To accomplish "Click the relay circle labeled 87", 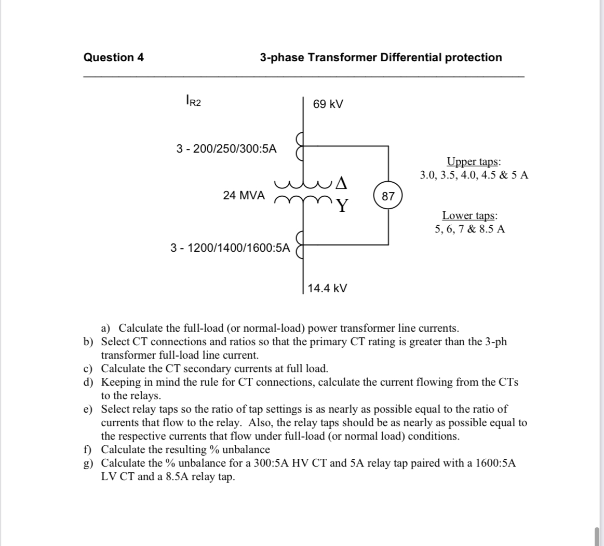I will (x=388, y=196).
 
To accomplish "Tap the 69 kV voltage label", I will (x=328, y=104).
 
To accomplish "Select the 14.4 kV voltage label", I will (x=327, y=288).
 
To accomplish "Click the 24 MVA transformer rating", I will (x=244, y=196).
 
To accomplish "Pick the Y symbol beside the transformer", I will (x=341, y=207).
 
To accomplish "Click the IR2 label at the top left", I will (x=193, y=101).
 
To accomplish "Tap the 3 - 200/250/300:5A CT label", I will (x=226, y=149).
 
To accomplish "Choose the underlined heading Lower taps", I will (x=469, y=215).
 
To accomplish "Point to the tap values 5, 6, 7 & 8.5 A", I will (x=469, y=229).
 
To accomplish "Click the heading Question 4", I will (x=114, y=58).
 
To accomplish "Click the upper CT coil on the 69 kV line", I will (x=299, y=146).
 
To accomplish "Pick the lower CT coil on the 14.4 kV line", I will (x=299, y=244).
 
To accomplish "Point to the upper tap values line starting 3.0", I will (x=474, y=175).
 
